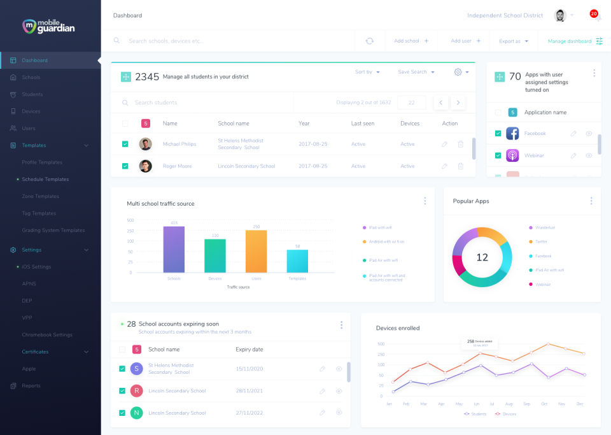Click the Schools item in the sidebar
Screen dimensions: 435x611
point(31,78)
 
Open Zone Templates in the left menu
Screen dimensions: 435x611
point(40,196)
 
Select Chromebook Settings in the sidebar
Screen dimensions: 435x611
point(47,335)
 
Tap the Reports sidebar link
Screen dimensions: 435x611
point(31,386)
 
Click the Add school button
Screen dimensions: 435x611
point(411,41)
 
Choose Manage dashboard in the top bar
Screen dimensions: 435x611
point(575,41)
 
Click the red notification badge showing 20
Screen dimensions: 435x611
point(594,13)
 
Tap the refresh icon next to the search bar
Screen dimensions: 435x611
point(370,41)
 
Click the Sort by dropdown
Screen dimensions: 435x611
point(367,72)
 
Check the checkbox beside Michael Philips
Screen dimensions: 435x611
point(125,144)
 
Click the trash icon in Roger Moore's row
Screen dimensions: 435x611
point(460,166)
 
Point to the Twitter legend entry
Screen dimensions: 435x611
point(541,242)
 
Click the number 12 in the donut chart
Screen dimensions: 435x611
point(482,257)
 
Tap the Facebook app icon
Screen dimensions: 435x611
point(512,134)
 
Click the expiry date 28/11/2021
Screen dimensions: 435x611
point(249,390)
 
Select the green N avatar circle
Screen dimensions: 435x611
point(136,413)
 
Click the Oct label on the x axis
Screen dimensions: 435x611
point(544,404)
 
